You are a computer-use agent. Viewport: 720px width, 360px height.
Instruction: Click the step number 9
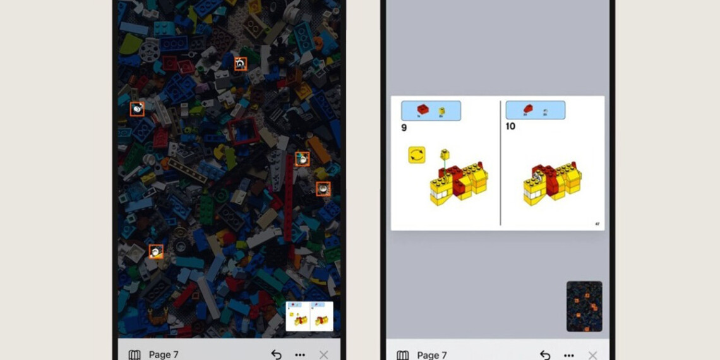pyautogui.click(x=404, y=128)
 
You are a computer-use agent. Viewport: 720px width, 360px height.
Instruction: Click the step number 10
pyautogui.click(x=510, y=126)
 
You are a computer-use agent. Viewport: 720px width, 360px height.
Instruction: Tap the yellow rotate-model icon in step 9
pyautogui.click(x=417, y=155)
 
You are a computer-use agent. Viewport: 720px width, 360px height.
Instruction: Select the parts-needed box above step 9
pyautogui.click(x=431, y=111)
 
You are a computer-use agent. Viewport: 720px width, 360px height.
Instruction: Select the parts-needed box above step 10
pyautogui.click(x=535, y=111)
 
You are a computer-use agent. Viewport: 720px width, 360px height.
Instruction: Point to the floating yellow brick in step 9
pyautogui.click(x=444, y=153)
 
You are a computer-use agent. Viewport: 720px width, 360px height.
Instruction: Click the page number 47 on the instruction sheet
pyautogui.click(x=597, y=224)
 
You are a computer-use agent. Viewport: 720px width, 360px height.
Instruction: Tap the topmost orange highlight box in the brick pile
pyautogui.click(x=241, y=64)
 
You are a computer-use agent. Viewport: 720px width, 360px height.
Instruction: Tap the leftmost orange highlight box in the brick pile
pyautogui.click(x=137, y=109)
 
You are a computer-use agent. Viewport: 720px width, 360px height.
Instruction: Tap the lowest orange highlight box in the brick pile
pyautogui.click(x=156, y=251)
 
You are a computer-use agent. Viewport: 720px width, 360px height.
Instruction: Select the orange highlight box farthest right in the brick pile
pyautogui.click(x=323, y=189)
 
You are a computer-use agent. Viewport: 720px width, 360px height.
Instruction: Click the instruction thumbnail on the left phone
pyautogui.click(x=309, y=316)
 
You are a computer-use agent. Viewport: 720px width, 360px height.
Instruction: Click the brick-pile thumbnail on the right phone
pyautogui.click(x=584, y=306)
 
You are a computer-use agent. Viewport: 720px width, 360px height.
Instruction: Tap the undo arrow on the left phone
pyautogui.click(x=276, y=354)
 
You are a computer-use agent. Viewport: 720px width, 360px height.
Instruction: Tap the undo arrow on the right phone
pyautogui.click(x=544, y=355)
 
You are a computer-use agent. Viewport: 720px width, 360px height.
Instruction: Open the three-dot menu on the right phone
pyautogui.click(x=569, y=355)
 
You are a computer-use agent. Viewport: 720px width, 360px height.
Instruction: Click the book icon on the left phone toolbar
pyautogui.click(x=135, y=355)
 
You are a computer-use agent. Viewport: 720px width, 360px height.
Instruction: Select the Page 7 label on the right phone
pyautogui.click(x=432, y=355)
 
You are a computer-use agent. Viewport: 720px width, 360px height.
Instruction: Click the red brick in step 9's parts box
pyautogui.click(x=423, y=110)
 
